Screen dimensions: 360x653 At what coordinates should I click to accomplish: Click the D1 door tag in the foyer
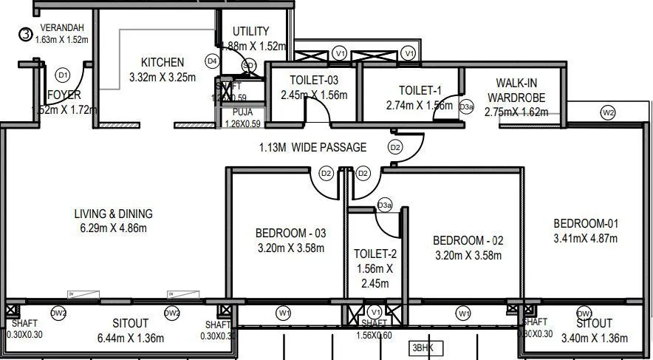[x=63, y=75]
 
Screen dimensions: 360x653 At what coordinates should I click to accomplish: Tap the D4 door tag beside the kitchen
[x=212, y=61]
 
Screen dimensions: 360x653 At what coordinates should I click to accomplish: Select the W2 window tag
[x=608, y=113]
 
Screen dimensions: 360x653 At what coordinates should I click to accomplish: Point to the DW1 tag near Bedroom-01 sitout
[x=584, y=313]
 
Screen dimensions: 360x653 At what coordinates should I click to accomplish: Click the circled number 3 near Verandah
[x=25, y=33]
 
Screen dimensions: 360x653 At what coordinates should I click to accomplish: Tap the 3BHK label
[x=422, y=347]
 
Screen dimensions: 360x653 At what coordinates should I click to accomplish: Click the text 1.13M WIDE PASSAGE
[x=312, y=147]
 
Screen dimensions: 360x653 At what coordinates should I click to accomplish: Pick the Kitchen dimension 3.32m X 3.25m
[x=162, y=77]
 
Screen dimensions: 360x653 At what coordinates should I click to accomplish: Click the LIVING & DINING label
[x=113, y=214]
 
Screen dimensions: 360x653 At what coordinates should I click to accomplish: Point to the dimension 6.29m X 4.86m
[x=113, y=228]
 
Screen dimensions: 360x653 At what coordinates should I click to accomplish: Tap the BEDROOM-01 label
[x=585, y=224]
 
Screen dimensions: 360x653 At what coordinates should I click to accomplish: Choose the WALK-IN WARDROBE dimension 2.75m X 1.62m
[x=516, y=112]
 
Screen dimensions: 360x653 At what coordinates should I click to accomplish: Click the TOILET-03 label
[x=314, y=81]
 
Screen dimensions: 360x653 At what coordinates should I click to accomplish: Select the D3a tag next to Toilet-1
[x=466, y=107]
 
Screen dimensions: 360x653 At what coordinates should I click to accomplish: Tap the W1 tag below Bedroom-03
[x=284, y=313]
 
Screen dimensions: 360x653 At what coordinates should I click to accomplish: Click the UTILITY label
[x=250, y=31]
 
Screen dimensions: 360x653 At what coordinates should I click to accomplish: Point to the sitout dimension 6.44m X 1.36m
[x=131, y=338]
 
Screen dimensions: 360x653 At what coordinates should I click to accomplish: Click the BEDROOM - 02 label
[x=468, y=241]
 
